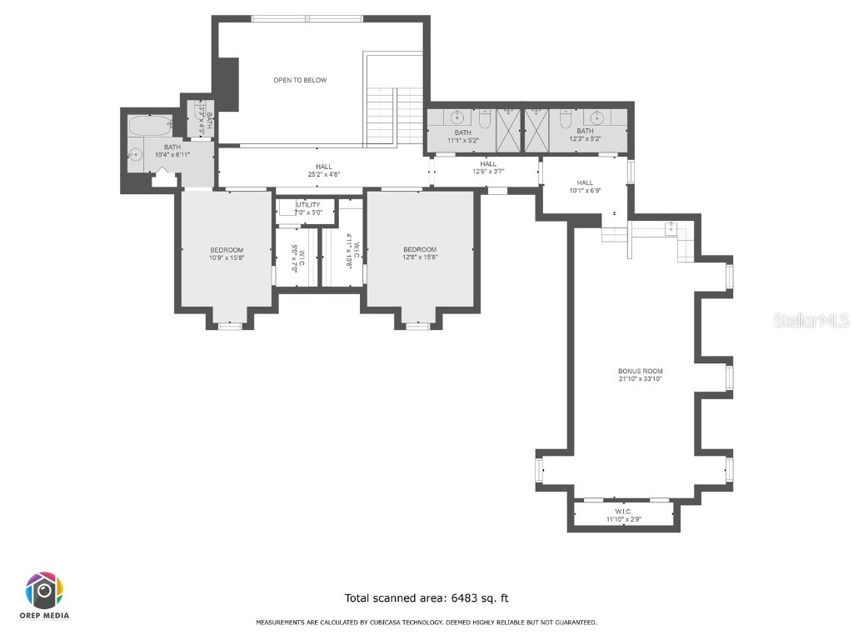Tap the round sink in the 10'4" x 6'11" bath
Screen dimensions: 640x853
point(135,155)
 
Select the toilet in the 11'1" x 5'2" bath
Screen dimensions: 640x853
point(485,122)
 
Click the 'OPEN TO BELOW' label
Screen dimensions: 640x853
point(300,80)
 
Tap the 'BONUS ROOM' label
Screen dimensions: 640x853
point(640,371)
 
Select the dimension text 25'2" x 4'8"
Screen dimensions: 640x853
point(323,174)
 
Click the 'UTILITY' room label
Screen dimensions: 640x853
point(307,204)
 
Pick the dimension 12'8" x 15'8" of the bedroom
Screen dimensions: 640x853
point(419,257)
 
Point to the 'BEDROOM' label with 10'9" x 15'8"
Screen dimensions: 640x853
point(226,250)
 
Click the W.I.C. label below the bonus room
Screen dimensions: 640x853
point(623,511)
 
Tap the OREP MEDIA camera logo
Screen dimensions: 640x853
point(44,591)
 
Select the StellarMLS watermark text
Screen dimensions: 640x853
point(811,320)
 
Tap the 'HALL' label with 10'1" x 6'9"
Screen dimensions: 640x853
point(585,182)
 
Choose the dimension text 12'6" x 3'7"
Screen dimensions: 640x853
point(488,172)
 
